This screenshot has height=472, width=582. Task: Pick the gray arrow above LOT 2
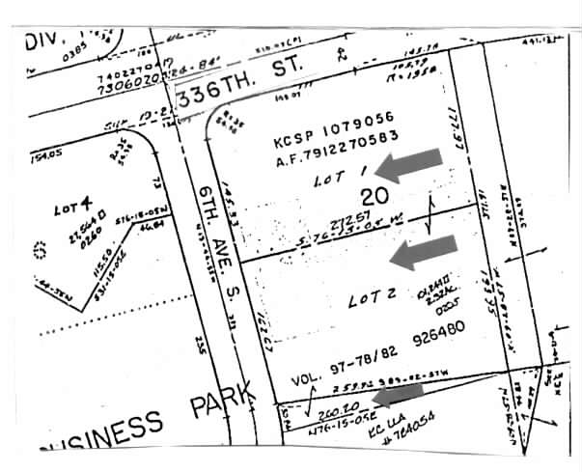420,253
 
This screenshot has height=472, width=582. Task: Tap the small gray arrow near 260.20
398,393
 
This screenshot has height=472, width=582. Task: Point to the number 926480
436,342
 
